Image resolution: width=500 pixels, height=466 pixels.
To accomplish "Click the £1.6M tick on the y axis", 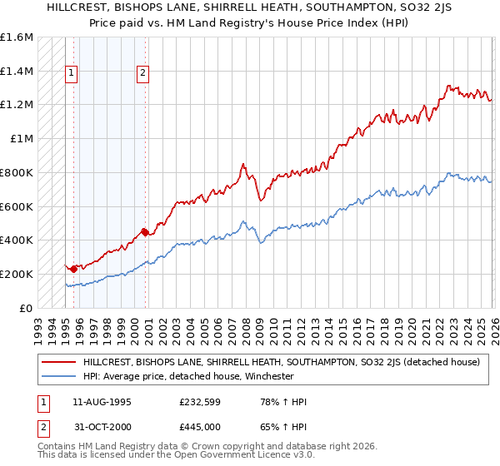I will (x=17, y=37).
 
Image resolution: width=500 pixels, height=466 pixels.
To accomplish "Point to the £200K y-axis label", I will (x=17, y=274).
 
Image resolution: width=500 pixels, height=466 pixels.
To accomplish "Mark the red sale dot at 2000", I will (x=145, y=232).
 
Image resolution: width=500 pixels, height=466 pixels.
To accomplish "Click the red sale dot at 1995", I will (x=73, y=268).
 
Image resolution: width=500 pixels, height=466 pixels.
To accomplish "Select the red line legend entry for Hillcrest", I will (x=281, y=362).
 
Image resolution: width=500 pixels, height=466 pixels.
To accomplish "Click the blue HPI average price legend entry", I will (x=201, y=376).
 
